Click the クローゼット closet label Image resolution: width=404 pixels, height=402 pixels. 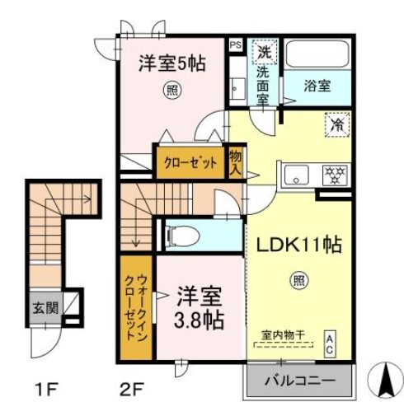[190, 163]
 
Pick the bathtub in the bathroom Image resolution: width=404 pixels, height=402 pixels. [318, 55]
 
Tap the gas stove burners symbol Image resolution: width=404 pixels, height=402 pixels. [336, 174]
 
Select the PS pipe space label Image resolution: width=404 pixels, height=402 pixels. [236, 45]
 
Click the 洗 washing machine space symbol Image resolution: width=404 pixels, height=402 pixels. [265, 51]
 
